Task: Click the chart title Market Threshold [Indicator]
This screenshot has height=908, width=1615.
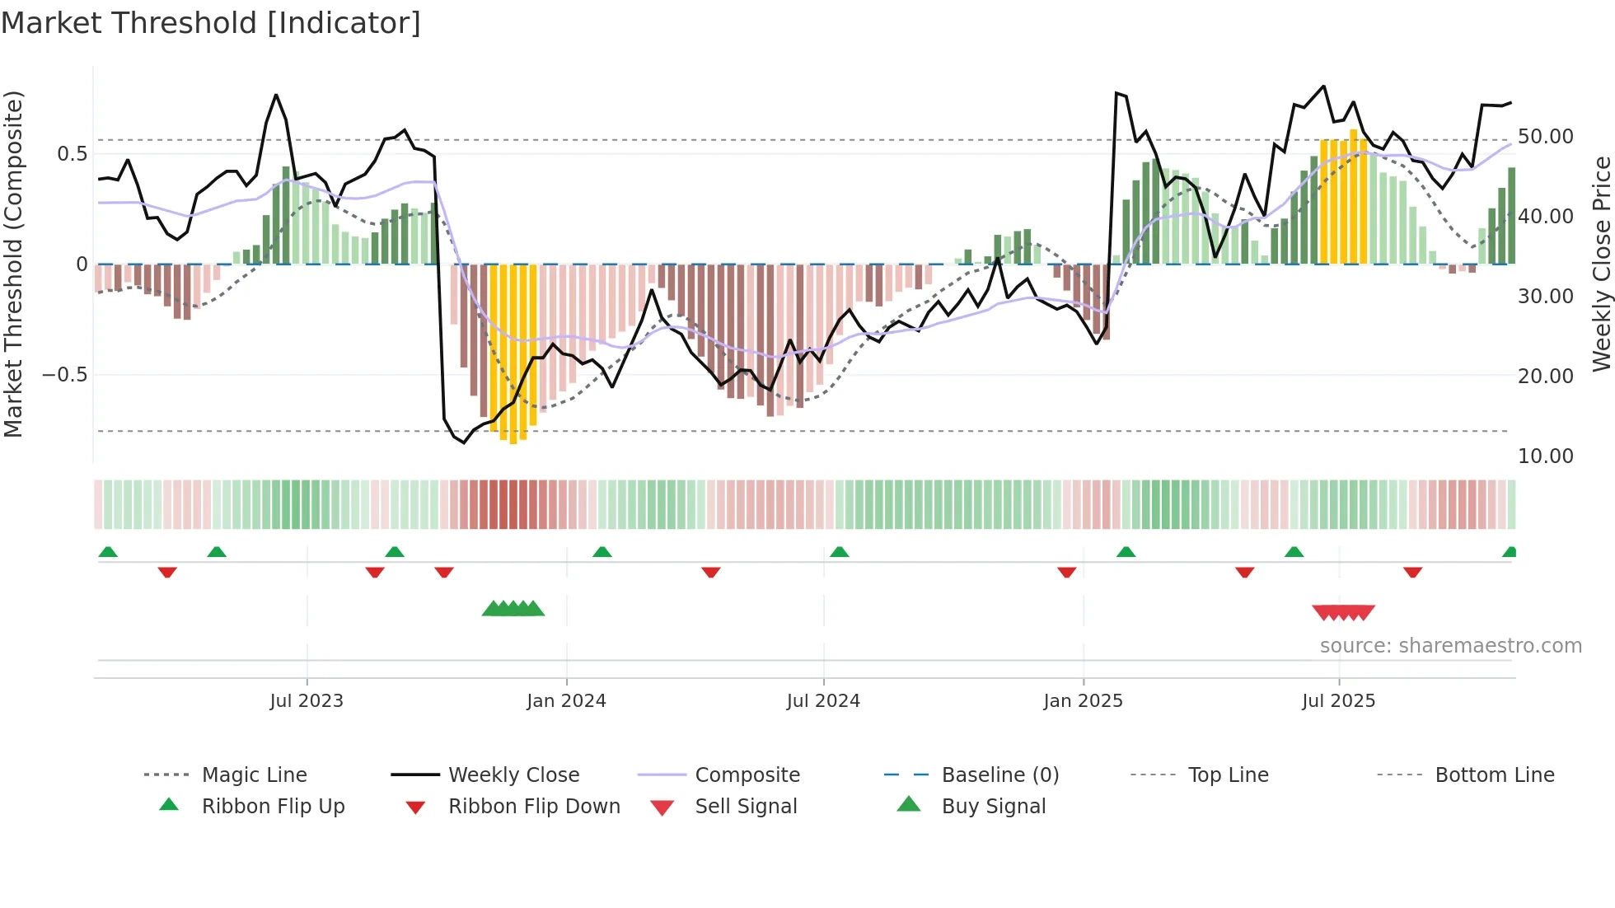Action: tap(211, 23)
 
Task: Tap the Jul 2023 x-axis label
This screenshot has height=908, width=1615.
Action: tap(307, 701)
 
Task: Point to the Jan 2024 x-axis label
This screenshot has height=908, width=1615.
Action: tap(566, 701)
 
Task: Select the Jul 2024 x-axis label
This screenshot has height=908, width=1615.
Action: tap(823, 701)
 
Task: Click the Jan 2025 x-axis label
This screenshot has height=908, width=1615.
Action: tap(1083, 701)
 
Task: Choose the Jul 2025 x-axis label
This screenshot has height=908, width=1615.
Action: tap(1339, 701)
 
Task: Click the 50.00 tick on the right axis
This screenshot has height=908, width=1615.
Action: tap(1545, 137)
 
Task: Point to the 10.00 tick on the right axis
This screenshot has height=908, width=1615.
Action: tap(1545, 456)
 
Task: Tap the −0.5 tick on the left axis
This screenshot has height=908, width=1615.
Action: tap(65, 375)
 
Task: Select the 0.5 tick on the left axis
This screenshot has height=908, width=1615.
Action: tap(73, 154)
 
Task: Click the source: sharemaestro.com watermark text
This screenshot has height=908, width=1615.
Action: tap(1450, 646)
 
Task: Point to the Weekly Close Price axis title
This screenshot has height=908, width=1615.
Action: tap(1601, 264)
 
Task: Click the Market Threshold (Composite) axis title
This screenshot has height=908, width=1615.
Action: tap(13, 264)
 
